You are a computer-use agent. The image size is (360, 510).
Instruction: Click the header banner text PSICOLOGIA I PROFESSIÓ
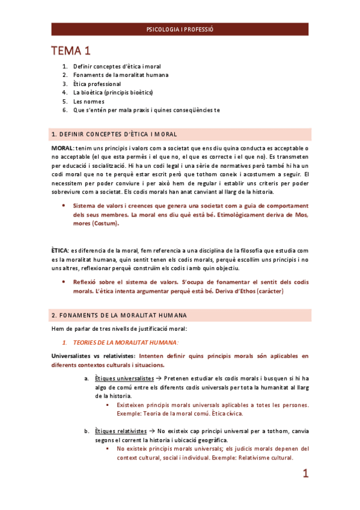point(180,29)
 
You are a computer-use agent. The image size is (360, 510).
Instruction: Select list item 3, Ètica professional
point(97,84)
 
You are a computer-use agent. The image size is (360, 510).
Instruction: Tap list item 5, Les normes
point(88,101)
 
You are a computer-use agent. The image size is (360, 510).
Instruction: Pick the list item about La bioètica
point(113,93)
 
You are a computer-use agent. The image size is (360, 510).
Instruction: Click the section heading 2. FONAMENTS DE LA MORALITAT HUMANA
point(119,315)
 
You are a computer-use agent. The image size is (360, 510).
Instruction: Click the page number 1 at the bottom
point(305,474)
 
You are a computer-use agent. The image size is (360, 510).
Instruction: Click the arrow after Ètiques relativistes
point(153,431)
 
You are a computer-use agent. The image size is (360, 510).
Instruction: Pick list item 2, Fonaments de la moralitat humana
point(120,75)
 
